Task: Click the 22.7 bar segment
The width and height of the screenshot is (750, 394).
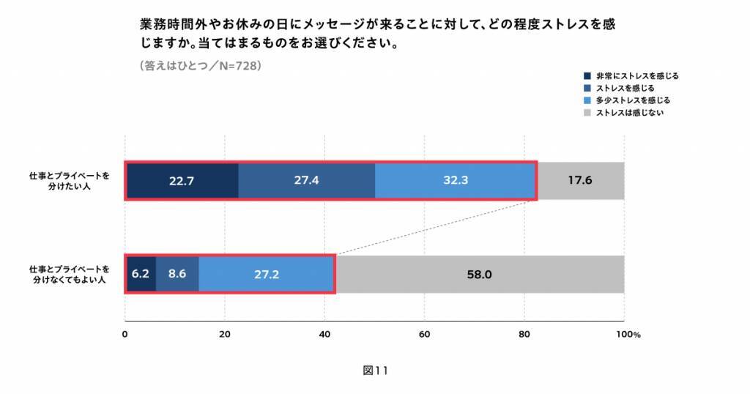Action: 182,180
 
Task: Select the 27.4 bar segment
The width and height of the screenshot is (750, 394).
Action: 306,180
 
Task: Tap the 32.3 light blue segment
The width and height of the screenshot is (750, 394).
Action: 455,180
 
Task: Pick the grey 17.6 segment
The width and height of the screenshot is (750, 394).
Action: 580,180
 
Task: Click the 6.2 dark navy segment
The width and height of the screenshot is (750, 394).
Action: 141,275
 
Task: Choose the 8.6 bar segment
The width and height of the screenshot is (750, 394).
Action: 177,275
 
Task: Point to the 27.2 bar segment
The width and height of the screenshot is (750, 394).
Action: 267,275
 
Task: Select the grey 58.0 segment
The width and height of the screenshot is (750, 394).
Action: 480,275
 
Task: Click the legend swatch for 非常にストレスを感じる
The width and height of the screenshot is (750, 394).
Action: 587,75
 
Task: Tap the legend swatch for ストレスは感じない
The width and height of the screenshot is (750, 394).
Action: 587,113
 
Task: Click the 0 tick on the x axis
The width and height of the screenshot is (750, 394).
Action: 125,335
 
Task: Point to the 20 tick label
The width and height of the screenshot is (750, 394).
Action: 225,335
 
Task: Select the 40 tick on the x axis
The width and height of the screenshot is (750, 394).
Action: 324,335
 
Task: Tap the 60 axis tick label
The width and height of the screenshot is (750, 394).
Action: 424,335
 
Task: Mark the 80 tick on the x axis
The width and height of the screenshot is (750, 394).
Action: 524,335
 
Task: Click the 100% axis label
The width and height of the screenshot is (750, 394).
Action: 628,335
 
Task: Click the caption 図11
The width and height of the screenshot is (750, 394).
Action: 374,371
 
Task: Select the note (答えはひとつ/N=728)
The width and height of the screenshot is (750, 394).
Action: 200,65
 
